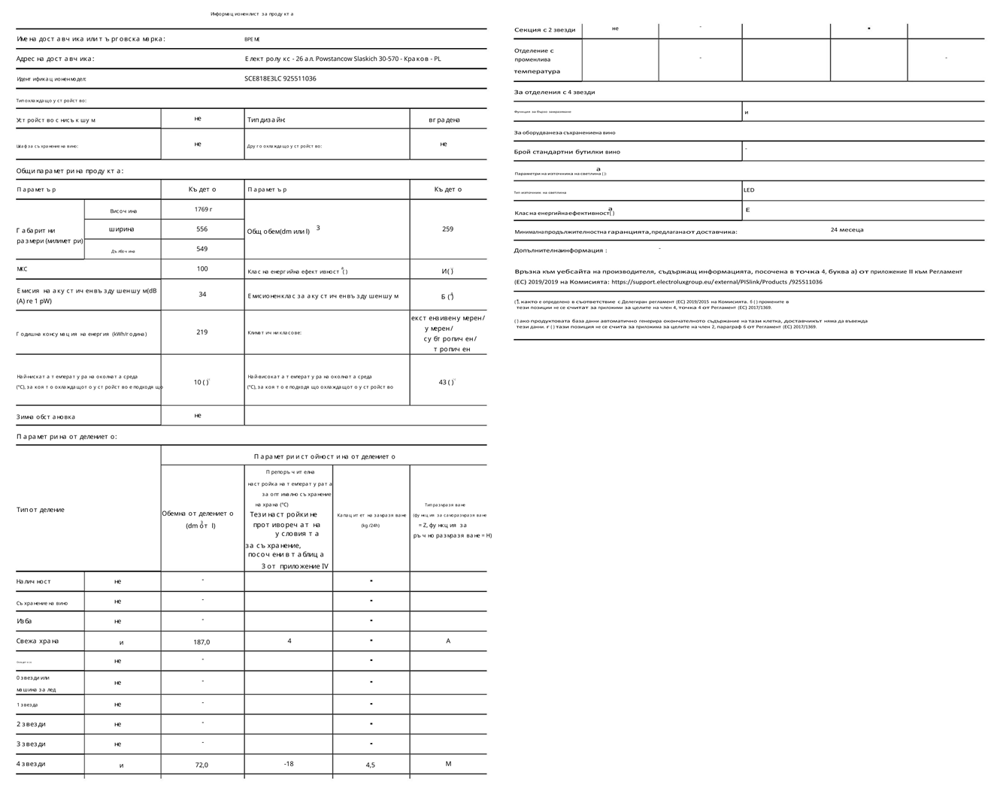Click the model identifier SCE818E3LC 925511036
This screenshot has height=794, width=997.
[280, 78]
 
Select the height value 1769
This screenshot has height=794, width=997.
[202, 210]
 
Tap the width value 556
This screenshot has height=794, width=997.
[202, 229]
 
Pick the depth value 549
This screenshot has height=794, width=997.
[202, 249]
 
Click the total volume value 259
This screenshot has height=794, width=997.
[447, 229]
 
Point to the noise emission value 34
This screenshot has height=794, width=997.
[202, 295]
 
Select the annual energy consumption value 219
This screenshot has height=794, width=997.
[202, 332]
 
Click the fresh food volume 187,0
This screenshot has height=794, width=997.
[202, 642]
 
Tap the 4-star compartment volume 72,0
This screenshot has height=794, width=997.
[202, 765]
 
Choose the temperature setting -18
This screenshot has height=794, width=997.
[289, 764]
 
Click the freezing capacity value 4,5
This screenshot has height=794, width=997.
[370, 765]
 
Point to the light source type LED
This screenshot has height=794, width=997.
[749, 190]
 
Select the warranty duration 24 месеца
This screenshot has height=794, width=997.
[847, 230]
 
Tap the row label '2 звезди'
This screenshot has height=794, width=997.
[31, 724]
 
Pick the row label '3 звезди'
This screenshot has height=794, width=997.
[31, 744]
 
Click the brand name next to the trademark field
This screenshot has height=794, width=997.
[252, 39]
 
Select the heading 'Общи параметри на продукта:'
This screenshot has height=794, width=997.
[70, 171]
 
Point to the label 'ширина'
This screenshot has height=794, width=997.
[122, 229]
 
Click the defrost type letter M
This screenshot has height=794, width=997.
[448, 764]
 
